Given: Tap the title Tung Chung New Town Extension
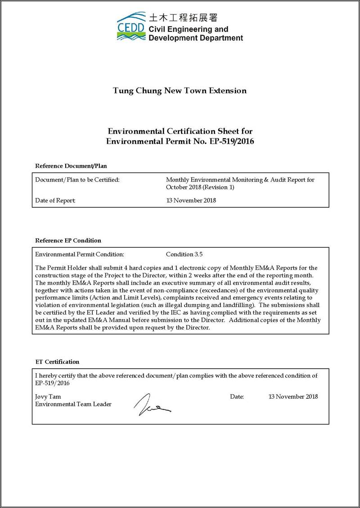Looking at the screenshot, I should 180,91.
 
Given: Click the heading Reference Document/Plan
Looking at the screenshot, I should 71,166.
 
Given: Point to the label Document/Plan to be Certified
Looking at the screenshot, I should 77,180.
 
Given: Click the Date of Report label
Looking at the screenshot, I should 55,201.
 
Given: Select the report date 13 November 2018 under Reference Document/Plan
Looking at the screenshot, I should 191,201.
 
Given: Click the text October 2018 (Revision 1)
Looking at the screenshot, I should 200,187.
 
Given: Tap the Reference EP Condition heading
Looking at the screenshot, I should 68,241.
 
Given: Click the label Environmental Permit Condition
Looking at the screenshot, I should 79,254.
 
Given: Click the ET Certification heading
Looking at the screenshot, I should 57,362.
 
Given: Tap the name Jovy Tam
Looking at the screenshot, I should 48,397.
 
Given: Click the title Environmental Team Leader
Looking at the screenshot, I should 73,404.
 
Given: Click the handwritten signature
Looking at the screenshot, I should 151,403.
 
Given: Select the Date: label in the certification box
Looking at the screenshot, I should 237,397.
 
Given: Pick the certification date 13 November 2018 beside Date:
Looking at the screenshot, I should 293,397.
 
